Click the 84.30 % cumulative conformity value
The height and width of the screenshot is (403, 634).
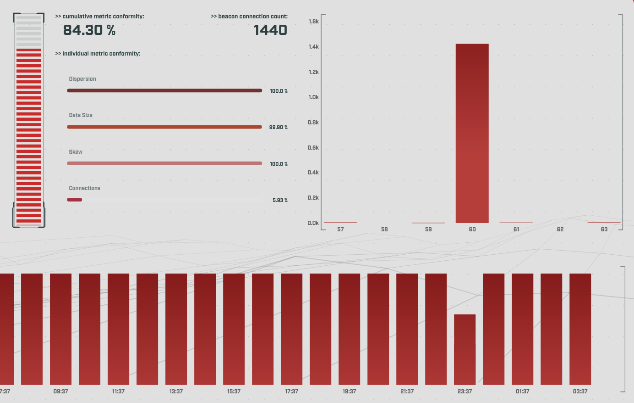89,30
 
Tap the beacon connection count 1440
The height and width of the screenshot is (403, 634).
270,30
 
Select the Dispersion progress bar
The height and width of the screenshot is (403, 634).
164,90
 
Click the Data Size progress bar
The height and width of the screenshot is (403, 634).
164,127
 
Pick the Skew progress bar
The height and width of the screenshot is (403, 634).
164,163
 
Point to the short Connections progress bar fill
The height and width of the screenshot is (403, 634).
75,200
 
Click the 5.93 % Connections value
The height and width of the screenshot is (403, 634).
280,201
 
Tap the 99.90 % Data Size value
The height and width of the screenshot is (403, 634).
278,127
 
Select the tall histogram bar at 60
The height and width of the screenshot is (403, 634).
472,133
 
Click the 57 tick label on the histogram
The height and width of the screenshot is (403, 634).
340,229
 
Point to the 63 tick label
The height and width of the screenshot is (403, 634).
604,229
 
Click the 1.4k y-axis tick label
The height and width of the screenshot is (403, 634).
313,47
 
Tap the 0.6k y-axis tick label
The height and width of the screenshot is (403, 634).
313,148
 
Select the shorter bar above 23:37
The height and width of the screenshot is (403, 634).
465,349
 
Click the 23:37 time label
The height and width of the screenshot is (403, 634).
465,392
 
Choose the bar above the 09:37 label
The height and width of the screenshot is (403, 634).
60,329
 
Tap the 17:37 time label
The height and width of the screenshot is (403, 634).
291,392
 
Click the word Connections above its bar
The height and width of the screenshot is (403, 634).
84,188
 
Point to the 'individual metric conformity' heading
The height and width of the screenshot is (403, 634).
98,54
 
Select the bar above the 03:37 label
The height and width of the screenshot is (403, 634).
580,329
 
